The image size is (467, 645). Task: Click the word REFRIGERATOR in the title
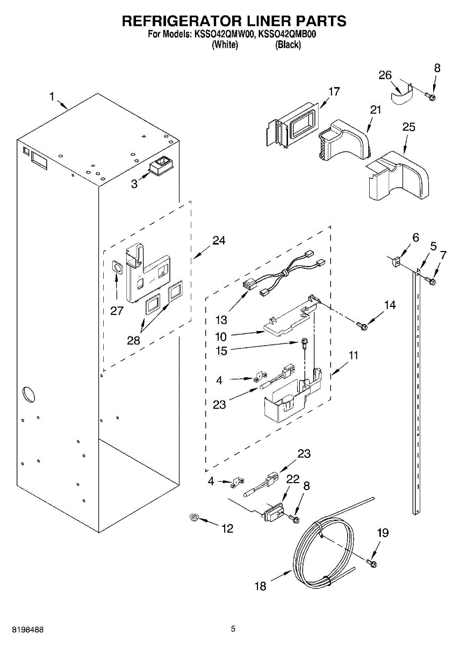[x=176, y=21]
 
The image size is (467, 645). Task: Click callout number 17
[x=334, y=91]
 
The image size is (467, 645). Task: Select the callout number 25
[x=408, y=127]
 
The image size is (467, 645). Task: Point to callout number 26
[x=385, y=75]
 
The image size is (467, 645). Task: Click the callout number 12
[x=227, y=529]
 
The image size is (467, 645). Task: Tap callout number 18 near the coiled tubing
[x=260, y=586]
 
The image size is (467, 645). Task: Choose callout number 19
[x=382, y=533]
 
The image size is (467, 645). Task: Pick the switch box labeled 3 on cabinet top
[x=161, y=167]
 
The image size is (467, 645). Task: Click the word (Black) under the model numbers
[x=288, y=45]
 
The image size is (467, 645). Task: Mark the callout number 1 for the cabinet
[x=52, y=97]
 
